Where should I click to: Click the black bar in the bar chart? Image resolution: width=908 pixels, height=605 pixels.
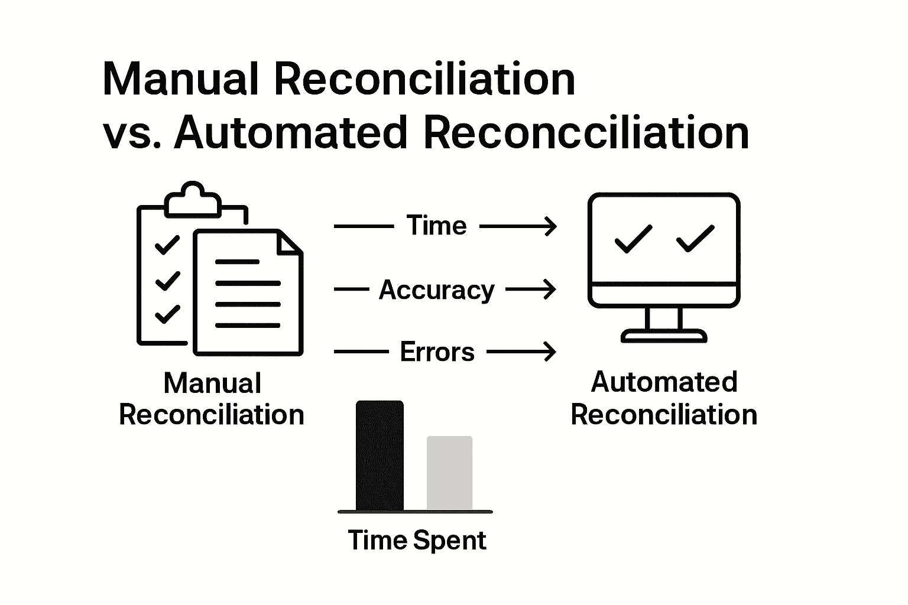point(380,456)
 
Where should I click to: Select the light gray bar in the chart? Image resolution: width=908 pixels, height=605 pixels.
point(449,473)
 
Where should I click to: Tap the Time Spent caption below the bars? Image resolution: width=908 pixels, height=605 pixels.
point(417,541)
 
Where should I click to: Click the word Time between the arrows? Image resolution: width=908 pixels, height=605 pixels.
point(436,226)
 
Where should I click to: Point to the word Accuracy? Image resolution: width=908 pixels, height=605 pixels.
point(436,290)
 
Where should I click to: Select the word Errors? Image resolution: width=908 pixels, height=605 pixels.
point(437,352)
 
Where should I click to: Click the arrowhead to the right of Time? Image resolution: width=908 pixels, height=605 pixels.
point(551,226)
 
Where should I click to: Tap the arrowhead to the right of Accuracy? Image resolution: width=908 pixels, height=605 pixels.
point(551,290)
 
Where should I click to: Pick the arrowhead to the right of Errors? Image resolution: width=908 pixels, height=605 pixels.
point(551,352)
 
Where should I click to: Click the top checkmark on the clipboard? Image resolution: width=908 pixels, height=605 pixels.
point(167,245)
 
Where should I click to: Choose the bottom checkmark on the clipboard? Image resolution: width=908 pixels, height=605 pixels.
point(167,314)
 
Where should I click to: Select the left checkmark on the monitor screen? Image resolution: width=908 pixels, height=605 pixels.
point(633,239)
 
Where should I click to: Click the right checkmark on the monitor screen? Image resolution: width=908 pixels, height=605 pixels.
point(695,239)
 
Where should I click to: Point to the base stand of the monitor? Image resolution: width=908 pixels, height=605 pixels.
point(664,336)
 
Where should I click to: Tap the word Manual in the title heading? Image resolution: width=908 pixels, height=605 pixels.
point(181,79)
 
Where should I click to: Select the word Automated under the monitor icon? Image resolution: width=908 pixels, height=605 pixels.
point(664,382)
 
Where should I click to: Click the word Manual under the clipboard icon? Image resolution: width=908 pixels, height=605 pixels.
point(212,383)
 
